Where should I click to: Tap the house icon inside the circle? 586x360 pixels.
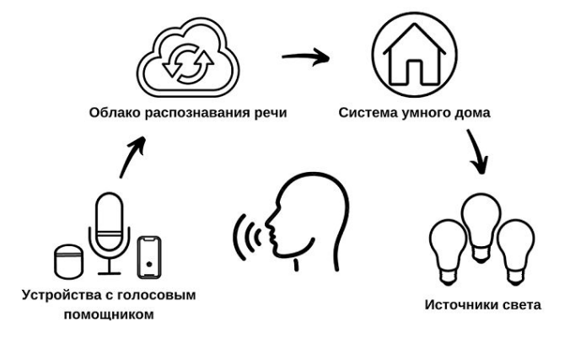tap(413, 51)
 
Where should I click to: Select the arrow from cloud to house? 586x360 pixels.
tap(304, 59)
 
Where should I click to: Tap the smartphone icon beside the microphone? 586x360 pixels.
tap(150, 257)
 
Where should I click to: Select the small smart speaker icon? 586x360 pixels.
tap(67, 261)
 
